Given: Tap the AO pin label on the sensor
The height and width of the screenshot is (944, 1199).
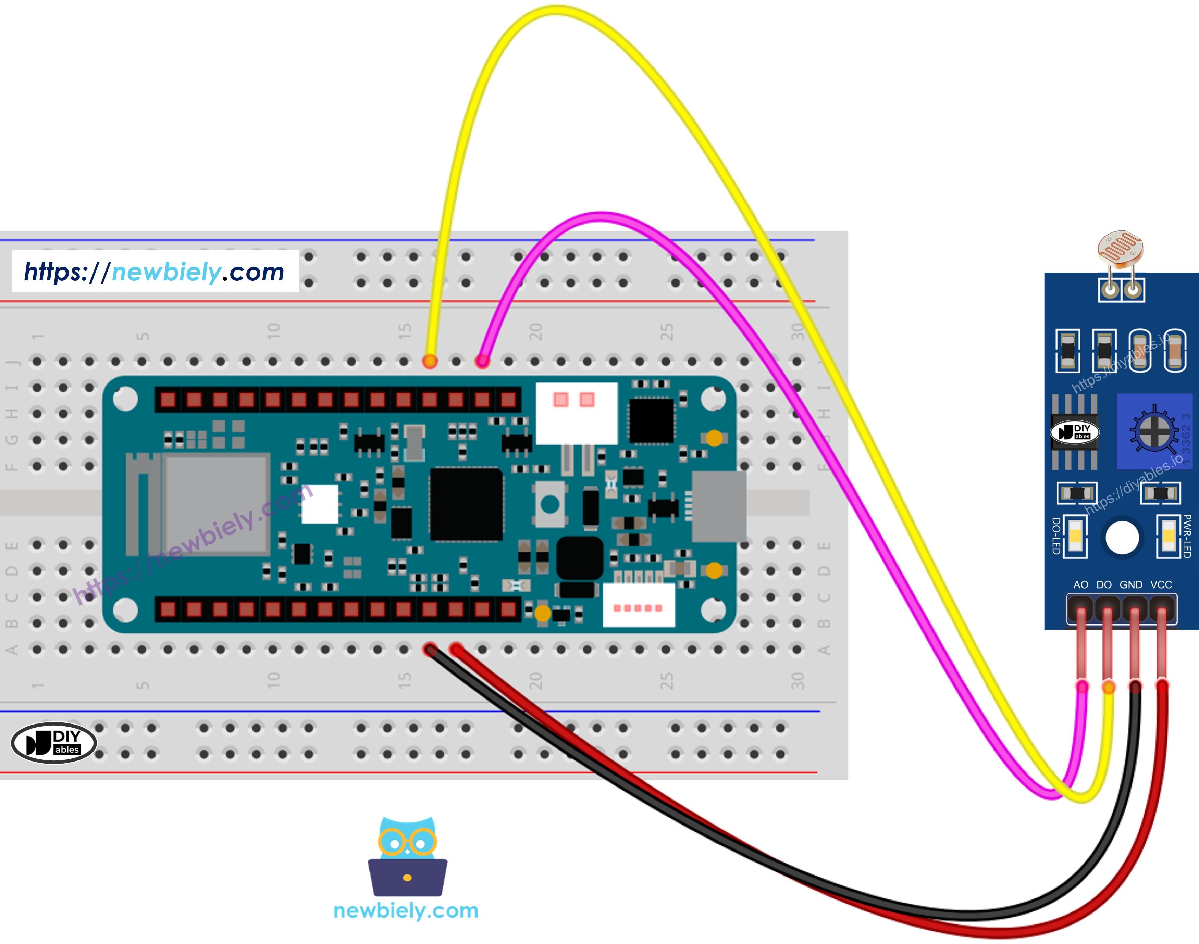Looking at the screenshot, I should [1080, 585].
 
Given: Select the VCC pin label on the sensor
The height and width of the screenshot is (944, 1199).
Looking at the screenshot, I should [1161, 585].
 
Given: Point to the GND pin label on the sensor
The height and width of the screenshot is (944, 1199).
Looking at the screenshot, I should [1131, 585].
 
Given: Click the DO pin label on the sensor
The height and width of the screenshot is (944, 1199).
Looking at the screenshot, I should [1104, 585].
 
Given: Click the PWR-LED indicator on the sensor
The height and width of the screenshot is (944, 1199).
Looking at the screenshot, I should [1169, 536].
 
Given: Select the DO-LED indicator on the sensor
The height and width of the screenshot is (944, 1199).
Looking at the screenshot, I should [1075, 536].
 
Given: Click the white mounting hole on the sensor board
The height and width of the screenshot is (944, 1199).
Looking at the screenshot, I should [1122, 537].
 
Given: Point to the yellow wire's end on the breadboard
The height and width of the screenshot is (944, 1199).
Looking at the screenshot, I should [430, 362].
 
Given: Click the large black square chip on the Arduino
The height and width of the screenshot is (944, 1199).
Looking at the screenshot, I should [466, 504].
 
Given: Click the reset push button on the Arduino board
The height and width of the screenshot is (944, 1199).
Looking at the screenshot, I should [550, 504].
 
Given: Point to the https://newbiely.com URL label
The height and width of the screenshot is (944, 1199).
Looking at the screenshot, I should [155, 272].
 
